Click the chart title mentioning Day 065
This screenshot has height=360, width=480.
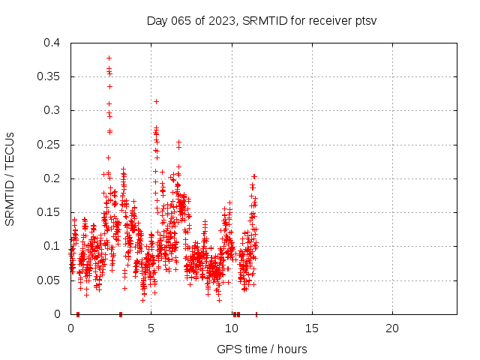(261, 20)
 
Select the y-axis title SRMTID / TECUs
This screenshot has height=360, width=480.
(10, 178)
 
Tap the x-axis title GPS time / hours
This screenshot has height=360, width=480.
(262, 349)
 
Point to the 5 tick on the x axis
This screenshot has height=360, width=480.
(151, 328)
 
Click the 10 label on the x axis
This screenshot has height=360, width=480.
(232, 328)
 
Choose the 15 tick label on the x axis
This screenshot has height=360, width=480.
(312, 328)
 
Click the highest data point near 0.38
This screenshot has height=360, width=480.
(109, 58)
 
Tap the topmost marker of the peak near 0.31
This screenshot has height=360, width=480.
(156, 101)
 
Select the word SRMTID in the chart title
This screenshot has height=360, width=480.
(262, 20)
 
